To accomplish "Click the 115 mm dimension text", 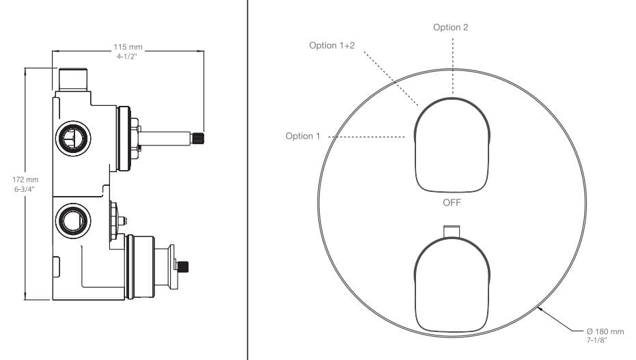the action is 128,47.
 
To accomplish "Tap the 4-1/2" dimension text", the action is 127,57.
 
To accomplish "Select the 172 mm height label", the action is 25,180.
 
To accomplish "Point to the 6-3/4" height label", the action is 25,189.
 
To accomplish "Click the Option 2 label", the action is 451,27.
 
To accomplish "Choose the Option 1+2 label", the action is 332,45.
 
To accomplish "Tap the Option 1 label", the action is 303,136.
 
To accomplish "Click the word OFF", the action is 452,202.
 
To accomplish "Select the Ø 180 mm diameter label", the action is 605,331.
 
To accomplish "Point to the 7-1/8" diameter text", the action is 596,341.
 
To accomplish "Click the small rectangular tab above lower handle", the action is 452,231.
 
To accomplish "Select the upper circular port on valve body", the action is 73,139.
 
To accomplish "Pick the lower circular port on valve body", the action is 73,221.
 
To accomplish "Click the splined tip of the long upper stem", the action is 197,139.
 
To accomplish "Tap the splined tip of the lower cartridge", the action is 183,267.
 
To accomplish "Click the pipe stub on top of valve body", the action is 73,80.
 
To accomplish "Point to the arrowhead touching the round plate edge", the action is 540,310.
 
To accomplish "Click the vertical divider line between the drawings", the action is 247,180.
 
